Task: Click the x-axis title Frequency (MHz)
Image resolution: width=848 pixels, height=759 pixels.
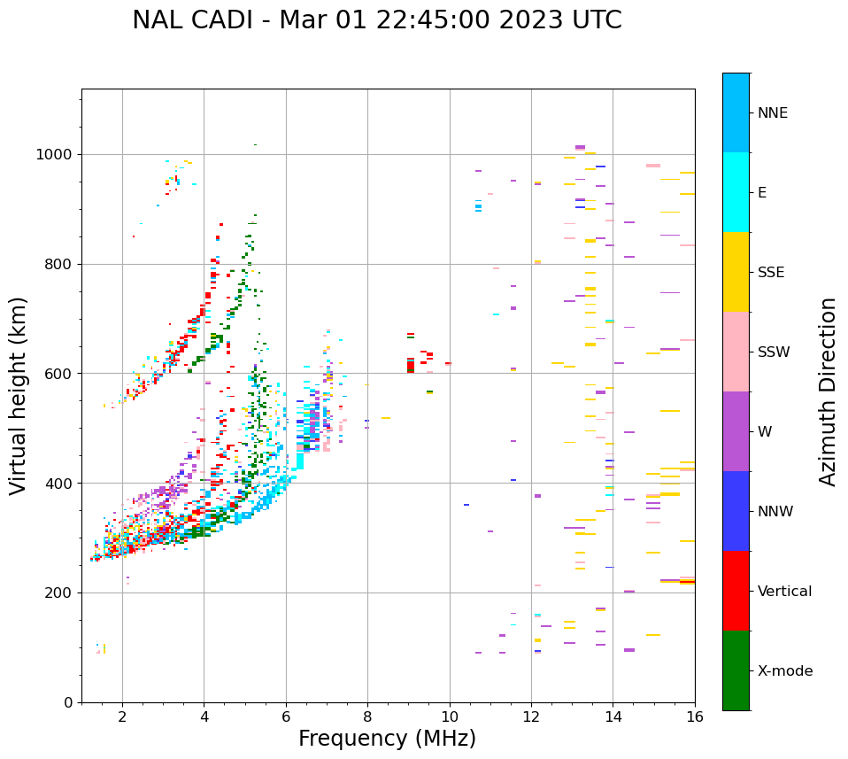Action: tap(387, 739)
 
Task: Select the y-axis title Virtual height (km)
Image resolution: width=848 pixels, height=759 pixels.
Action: tap(19, 395)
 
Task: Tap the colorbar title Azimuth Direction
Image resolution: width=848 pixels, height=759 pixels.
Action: tap(828, 391)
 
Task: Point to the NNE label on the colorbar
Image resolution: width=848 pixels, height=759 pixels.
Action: tap(772, 113)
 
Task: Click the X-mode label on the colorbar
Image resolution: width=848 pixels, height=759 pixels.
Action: tap(784, 671)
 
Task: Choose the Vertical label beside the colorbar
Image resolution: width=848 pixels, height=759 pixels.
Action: tap(784, 592)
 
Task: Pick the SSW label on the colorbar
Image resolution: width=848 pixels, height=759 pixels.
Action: tap(774, 352)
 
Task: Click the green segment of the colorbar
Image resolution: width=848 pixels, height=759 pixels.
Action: tap(736, 670)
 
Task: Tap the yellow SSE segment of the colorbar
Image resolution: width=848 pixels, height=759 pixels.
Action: tap(736, 272)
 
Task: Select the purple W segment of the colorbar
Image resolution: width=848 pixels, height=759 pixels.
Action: tap(736, 431)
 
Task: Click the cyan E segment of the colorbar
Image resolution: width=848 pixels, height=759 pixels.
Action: tap(736, 192)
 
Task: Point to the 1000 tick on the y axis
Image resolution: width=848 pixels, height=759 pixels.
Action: tap(55, 155)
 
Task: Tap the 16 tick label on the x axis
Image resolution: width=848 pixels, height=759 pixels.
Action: tap(695, 716)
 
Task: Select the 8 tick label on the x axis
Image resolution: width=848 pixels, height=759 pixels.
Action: tap(367, 716)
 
